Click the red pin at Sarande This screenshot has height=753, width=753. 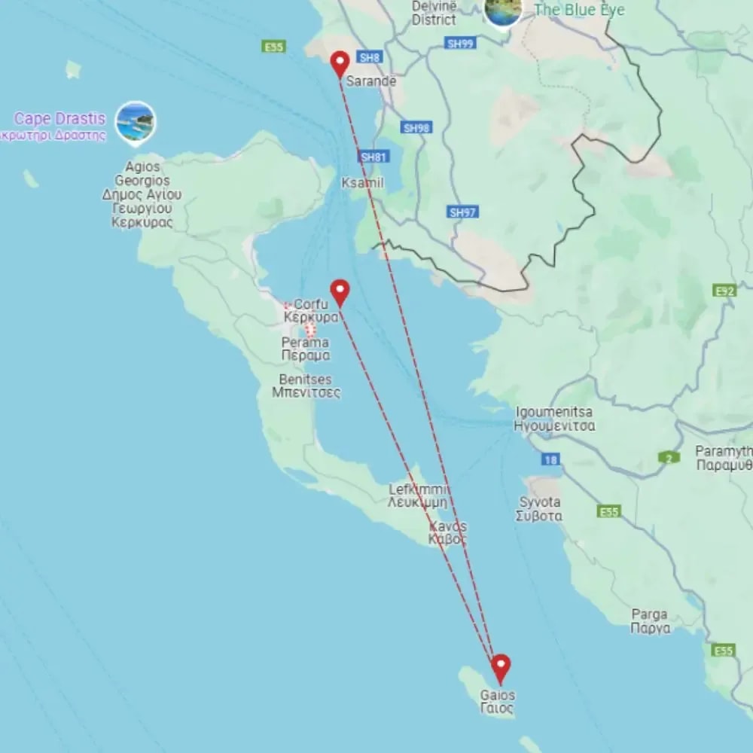click(x=340, y=63)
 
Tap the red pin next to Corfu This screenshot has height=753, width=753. click(x=340, y=291)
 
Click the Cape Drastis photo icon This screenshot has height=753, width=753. click(x=136, y=122)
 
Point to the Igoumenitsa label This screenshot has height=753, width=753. click(x=554, y=419)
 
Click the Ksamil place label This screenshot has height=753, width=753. click(x=362, y=183)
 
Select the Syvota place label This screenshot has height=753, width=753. click(x=538, y=509)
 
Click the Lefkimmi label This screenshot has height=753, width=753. click(x=419, y=495)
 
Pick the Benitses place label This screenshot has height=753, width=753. click(x=305, y=386)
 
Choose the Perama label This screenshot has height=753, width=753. click(x=305, y=349)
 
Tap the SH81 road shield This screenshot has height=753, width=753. click(x=374, y=157)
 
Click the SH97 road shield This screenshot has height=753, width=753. click(x=462, y=212)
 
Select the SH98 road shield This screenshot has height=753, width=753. click(x=416, y=128)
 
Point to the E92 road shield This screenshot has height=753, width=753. click(x=724, y=290)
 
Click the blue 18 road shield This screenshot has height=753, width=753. click(x=550, y=459)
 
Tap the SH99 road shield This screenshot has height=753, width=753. click(x=460, y=44)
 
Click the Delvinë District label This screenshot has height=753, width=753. click(x=434, y=14)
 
